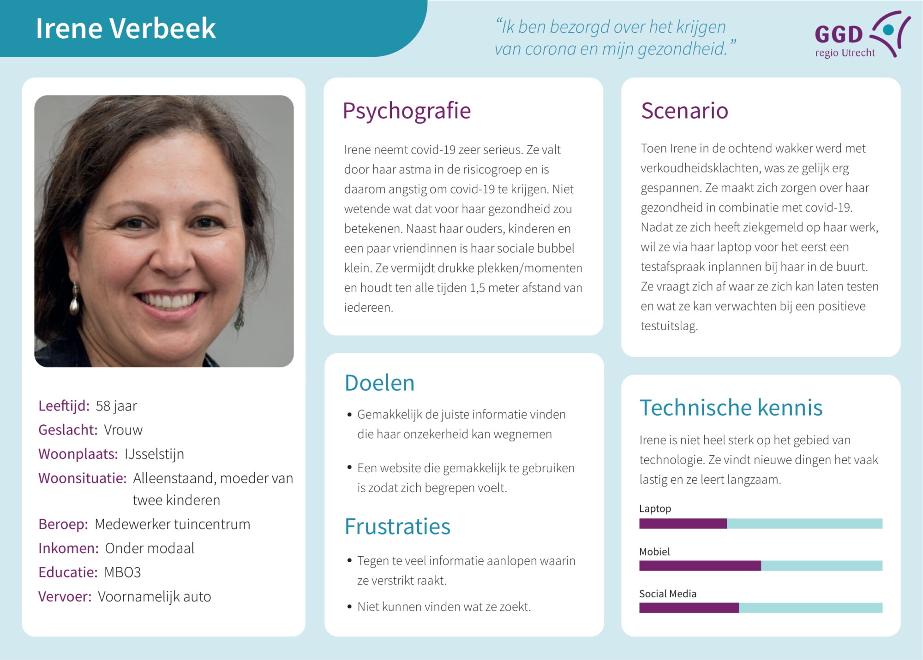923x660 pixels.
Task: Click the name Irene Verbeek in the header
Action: (126, 29)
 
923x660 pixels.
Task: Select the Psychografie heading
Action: (406, 111)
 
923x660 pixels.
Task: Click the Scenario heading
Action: (684, 111)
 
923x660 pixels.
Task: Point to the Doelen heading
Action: (379, 383)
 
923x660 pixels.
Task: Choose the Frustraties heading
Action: (397, 526)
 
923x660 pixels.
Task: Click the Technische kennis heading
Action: (731, 408)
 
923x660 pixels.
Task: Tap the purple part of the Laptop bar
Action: (683, 523)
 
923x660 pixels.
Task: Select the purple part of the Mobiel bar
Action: (700, 565)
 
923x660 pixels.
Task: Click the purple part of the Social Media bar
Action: (689, 608)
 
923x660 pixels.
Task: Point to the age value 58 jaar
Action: (116, 406)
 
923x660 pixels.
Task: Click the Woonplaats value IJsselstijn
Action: (154, 454)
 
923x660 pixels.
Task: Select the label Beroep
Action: (63, 524)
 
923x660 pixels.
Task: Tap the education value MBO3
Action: (122, 572)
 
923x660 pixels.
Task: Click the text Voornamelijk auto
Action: (154, 597)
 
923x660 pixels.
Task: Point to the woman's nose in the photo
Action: (172, 258)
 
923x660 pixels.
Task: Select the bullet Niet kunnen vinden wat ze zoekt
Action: (444, 606)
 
